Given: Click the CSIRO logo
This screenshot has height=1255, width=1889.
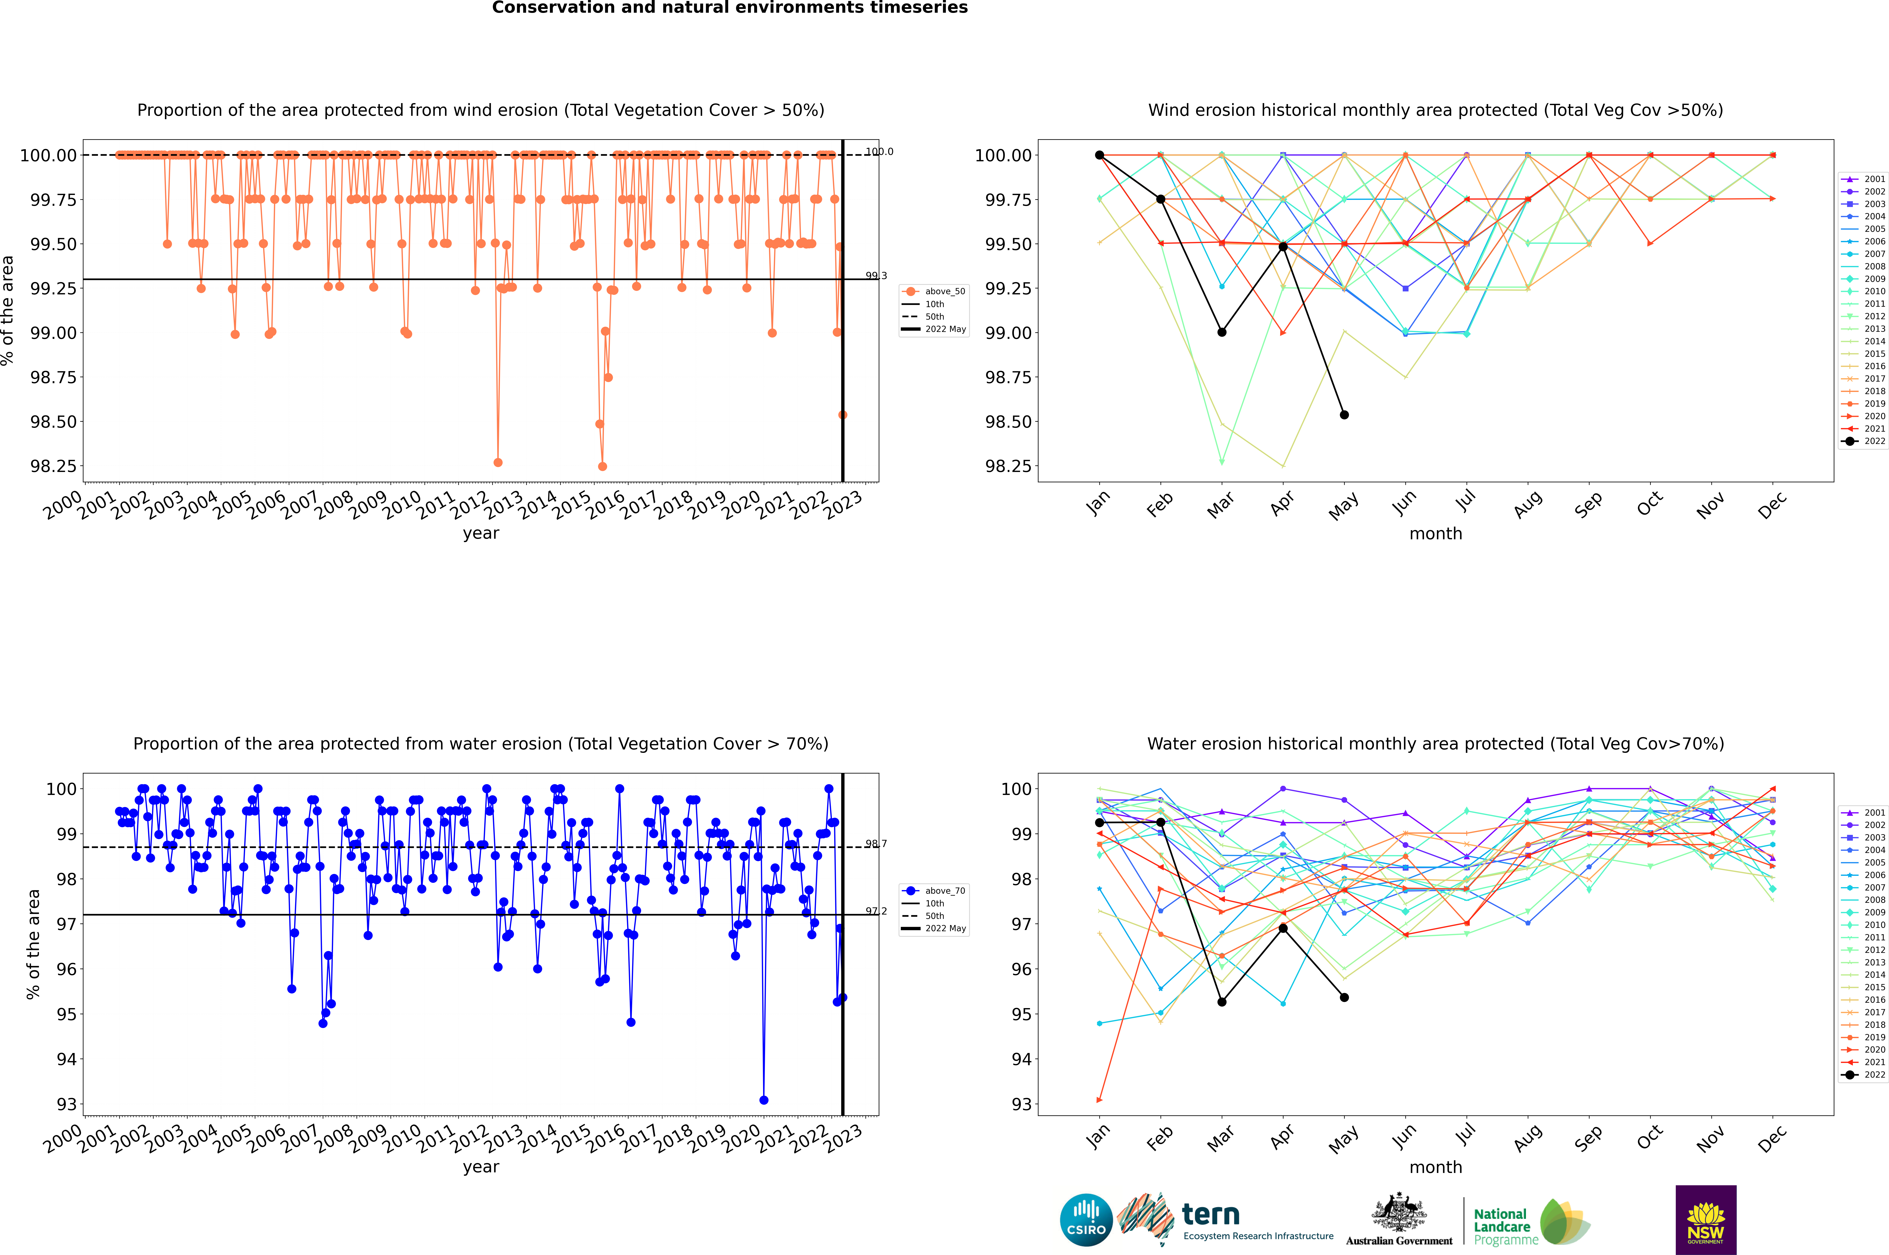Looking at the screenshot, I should point(1086,1220).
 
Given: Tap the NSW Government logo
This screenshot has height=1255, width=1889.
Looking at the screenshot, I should point(1706,1220).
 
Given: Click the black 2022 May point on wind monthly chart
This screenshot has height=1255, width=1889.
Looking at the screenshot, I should point(1345,415).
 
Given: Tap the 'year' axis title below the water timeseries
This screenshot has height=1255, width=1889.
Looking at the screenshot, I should point(480,1167).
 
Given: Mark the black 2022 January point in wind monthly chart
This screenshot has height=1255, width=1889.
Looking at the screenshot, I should point(1099,155).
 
